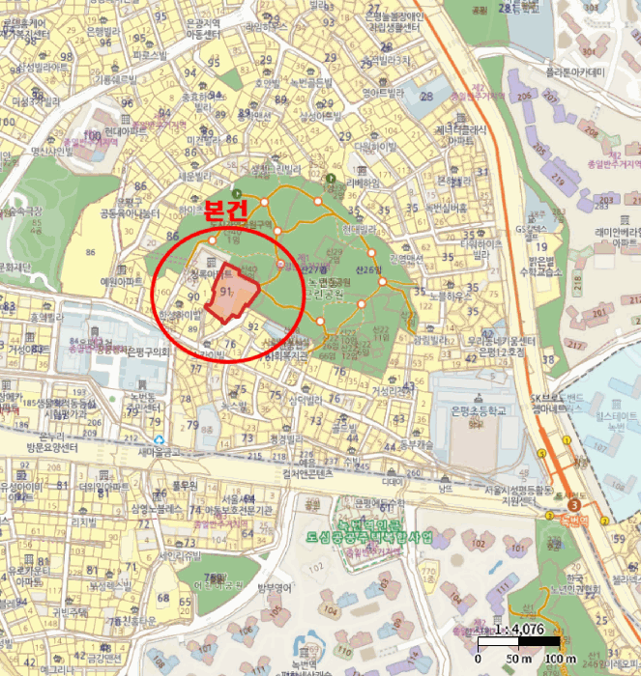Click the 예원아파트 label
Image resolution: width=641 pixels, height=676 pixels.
click(122, 280)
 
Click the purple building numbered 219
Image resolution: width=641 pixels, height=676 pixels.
click(559, 179)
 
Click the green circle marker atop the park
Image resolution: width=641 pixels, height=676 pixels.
click(329, 180)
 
